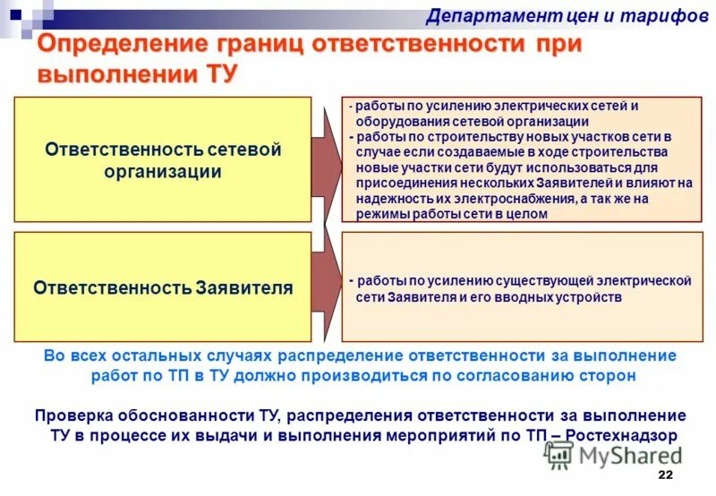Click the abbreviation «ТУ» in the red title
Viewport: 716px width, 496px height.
(220, 74)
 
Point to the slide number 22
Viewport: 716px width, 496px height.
(664, 475)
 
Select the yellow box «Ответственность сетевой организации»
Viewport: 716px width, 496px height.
(163, 159)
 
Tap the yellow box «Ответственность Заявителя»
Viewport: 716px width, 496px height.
(163, 287)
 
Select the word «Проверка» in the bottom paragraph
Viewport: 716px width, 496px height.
(72, 416)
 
